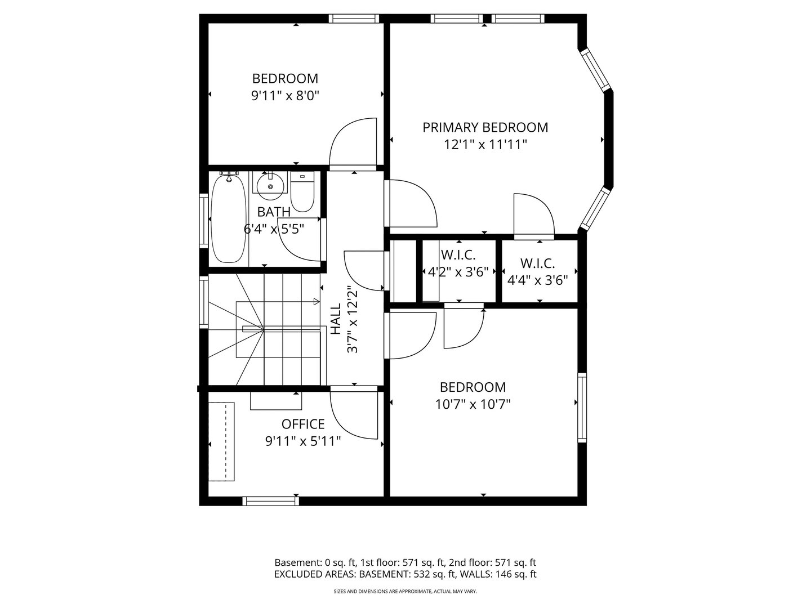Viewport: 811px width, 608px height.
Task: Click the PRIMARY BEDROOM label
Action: [x=485, y=127]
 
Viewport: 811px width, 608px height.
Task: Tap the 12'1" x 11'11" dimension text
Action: [x=485, y=145]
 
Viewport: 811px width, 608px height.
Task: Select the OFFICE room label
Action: [x=303, y=424]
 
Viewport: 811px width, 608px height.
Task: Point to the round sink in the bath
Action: [x=270, y=186]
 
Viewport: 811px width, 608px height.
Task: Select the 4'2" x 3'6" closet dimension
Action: [x=458, y=272]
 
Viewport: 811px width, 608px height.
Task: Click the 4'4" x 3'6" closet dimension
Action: [x=537, y=279]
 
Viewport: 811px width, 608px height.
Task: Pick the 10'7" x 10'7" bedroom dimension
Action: [x=473, y=404]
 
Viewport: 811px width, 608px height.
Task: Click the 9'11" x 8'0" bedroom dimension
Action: [x=285, y=96]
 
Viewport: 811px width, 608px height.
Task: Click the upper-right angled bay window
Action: [x=596, y=70]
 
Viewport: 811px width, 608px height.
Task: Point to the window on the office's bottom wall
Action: [x=271, y=500]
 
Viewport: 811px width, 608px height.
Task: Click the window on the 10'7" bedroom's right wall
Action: [x=582, y=407]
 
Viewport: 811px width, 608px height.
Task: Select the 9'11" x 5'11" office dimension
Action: [x=303, y=441]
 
